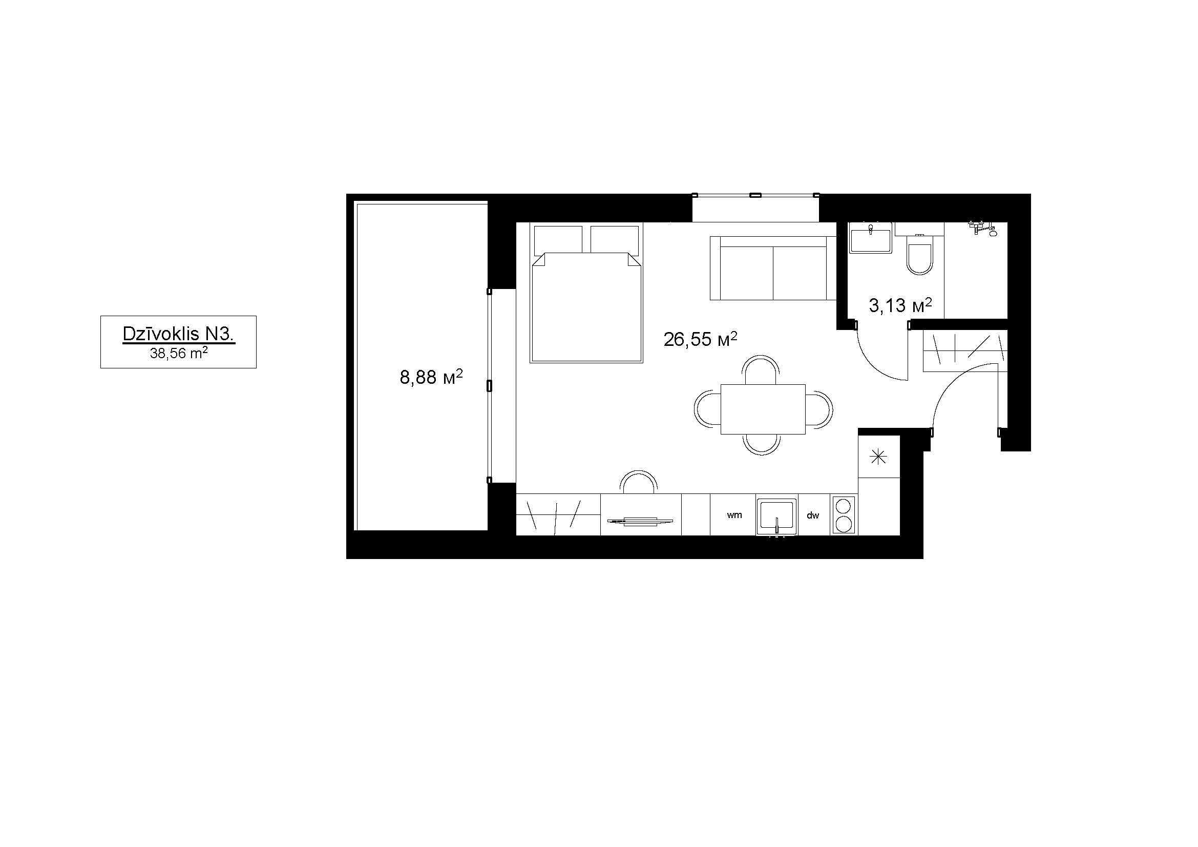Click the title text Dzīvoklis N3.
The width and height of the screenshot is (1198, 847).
pos(179,334)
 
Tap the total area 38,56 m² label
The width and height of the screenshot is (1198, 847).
pos(179,354)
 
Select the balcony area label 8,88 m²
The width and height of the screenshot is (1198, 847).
pos(431,376)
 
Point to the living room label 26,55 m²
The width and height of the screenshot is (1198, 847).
pos(700,339)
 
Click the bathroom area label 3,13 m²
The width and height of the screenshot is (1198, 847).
pos(900,305)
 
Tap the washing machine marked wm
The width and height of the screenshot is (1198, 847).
pos(734,515)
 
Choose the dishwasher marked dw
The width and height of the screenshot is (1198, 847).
pos(813,515)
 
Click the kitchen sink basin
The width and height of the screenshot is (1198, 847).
pos(777,517)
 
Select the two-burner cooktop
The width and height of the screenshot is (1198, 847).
pos(844,514)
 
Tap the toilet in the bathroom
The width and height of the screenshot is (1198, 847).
pos(919,256)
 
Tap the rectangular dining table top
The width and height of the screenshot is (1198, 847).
pos(763,409)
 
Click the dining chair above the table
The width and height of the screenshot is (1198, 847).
pos(762,370)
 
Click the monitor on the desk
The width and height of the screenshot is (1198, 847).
pos(640,520)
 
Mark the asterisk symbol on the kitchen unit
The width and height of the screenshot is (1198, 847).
pos(879,457)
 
